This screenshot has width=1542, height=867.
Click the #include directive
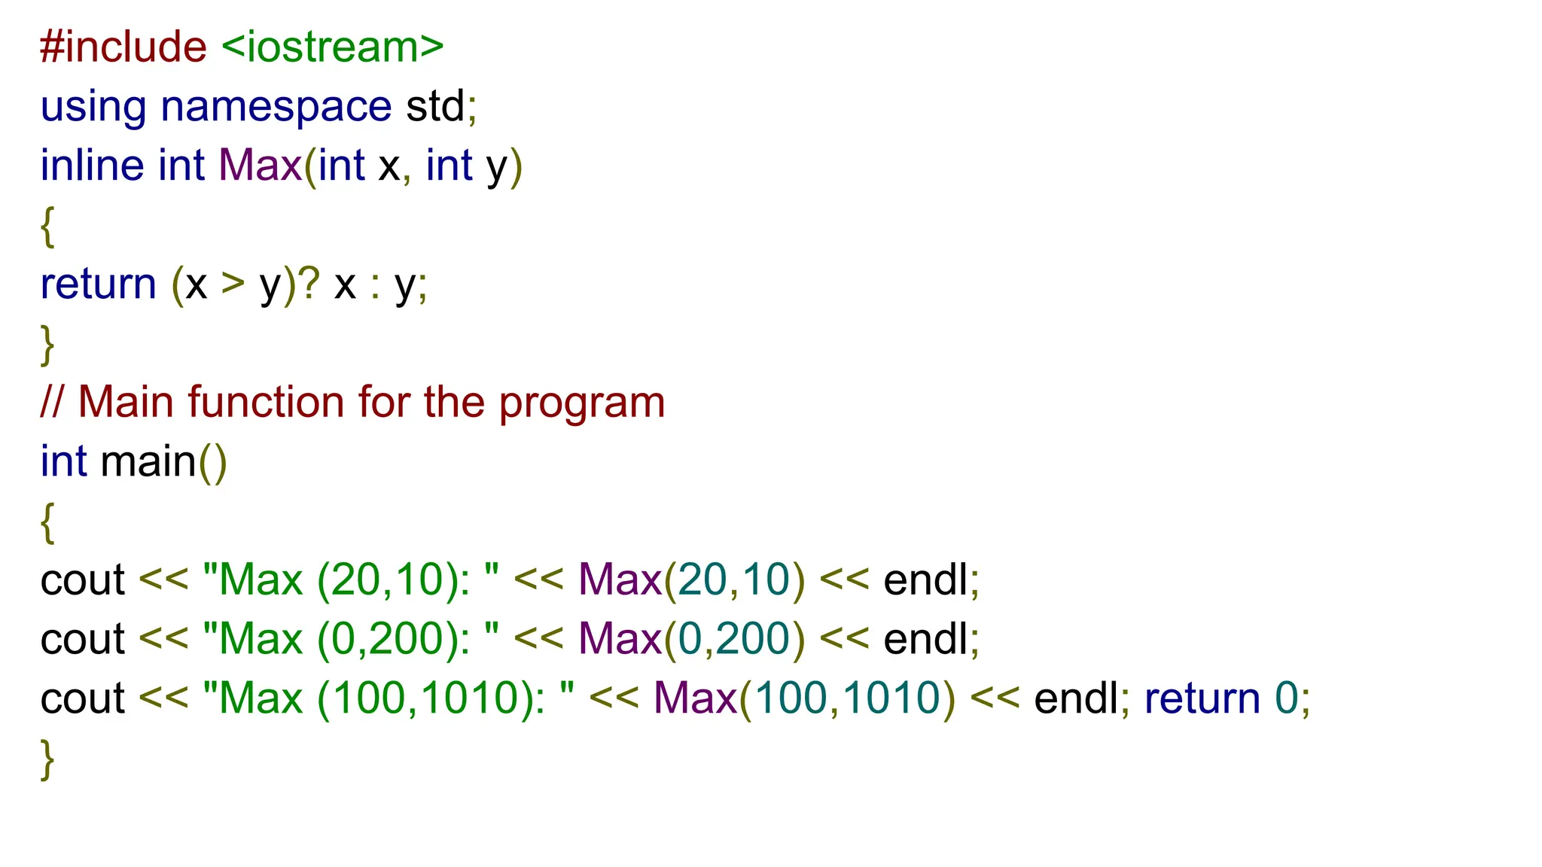pyautogui.click(x=123, y=47)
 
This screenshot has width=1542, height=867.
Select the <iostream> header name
pyautogui.click(x=333, y=47)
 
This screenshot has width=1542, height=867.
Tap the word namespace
pyautogui.click(x=276, y=106)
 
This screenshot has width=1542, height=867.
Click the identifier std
pyautogui.click(x=435, y=106)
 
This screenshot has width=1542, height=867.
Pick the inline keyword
pyautogui.click(x=92, y=166)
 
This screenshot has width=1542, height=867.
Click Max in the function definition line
pyautogui.click(x=260, y=166)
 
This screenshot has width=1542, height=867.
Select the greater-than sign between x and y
pyautogui.click(x=233, y=284)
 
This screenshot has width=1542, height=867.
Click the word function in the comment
pyautogui.click(x=267, y=402)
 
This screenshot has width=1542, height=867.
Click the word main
pyautogui.click(x=148, y=461)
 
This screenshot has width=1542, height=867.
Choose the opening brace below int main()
pyautogui.click(x=47, y=522)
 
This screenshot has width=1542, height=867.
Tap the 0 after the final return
pyautogui.click(x=1286, y=698)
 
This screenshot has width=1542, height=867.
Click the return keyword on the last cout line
pyautogui.click(x=1202, y=698)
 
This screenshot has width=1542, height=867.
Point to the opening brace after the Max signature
pyautogui.click(x=47, y=226)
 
